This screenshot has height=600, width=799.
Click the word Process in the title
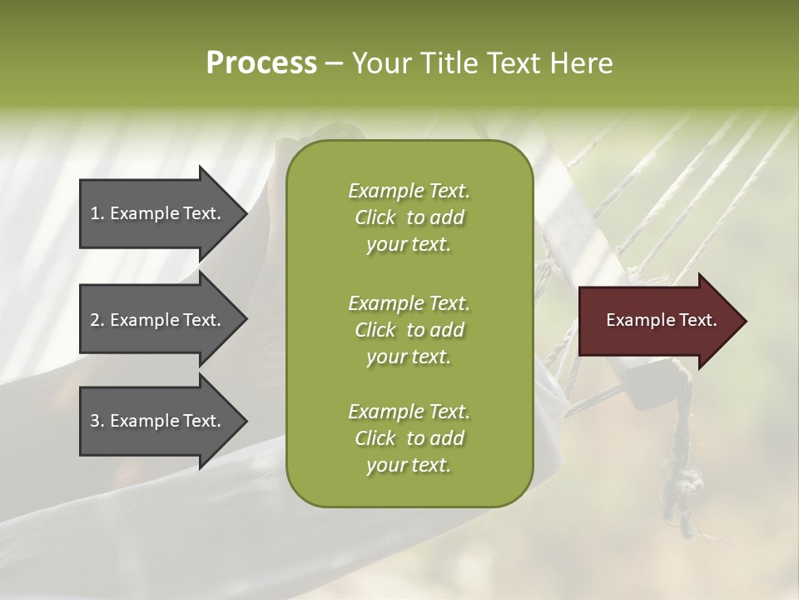click(261, 63)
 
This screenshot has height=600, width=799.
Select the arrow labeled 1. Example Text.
click(158, 213)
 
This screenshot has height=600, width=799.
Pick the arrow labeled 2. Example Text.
click(158, 320)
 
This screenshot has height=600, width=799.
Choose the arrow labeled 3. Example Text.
click(158, 421)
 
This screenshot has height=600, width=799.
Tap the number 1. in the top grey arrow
click(97, 213)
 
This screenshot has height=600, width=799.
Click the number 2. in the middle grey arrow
click(97, 320)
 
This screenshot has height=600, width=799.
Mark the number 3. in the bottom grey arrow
click(97, 421)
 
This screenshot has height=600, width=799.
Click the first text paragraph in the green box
click(409, 217)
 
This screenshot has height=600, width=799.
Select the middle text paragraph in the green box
click(409, 330)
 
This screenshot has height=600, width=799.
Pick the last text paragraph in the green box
click(409, 438)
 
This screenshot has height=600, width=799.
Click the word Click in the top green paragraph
click(375, 217)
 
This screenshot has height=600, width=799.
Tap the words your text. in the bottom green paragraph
click(409, 465)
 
